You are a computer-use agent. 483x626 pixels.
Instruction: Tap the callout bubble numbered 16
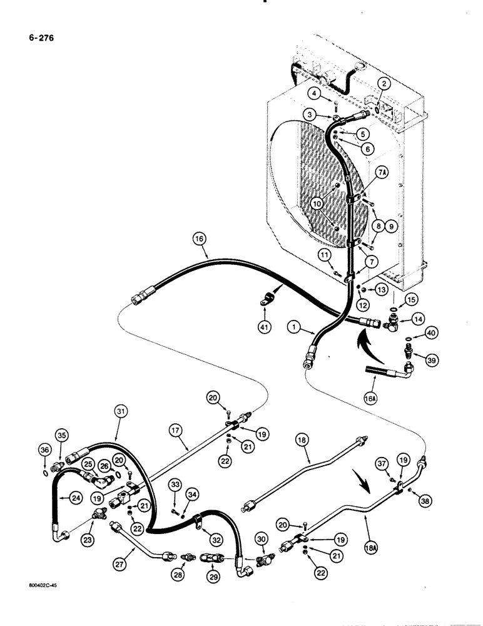click(199, 239)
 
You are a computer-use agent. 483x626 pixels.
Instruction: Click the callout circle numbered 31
click(121, 411)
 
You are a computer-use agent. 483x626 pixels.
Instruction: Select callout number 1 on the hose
click(296, 326)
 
